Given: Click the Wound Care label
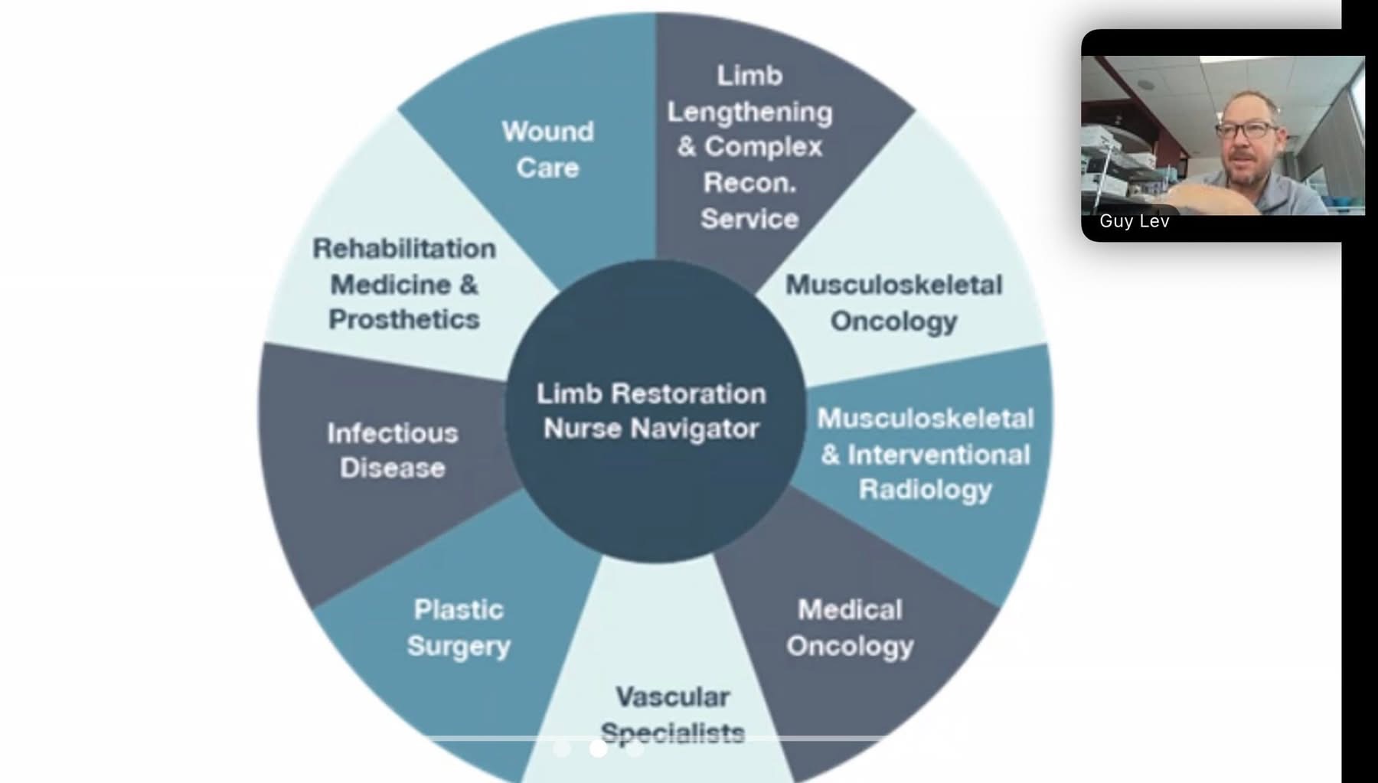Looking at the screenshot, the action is coord(547,149).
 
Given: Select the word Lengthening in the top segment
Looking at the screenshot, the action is coord(749,113).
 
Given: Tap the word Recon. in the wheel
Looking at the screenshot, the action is coord(749,182).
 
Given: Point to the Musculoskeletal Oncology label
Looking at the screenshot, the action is coord(893,303).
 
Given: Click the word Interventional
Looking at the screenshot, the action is coord(939,455).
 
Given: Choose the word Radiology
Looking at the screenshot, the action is coord(925,490).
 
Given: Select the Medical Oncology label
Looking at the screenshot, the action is coord(850,628).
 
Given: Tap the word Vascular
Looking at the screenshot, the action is coord(672,697).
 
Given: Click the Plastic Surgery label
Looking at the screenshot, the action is coord(459,628).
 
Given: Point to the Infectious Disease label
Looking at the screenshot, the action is coord(392,451).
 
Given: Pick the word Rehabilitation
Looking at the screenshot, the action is coord(404,249).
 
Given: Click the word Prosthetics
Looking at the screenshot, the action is coord(404,320).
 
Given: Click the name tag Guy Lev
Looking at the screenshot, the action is coord(1134,221).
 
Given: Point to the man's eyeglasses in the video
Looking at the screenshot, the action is coord(1246,130).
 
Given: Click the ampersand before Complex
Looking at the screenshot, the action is coord(686,147).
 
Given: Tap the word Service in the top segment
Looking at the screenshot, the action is coord(749,219).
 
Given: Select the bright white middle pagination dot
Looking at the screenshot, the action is coord(599,749).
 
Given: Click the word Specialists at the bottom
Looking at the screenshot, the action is coord(672,733).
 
